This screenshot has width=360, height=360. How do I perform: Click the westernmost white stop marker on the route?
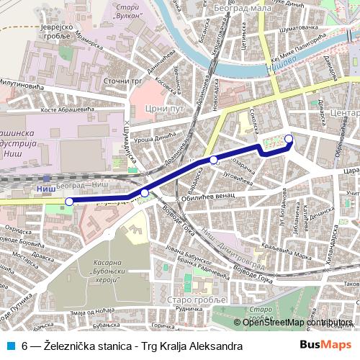coord(68,201)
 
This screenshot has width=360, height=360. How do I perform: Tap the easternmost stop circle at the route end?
coord(289,138)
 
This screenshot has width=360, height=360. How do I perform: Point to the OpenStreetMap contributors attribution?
coord(298,323)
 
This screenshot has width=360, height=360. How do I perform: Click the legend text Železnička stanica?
coord(78,346)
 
